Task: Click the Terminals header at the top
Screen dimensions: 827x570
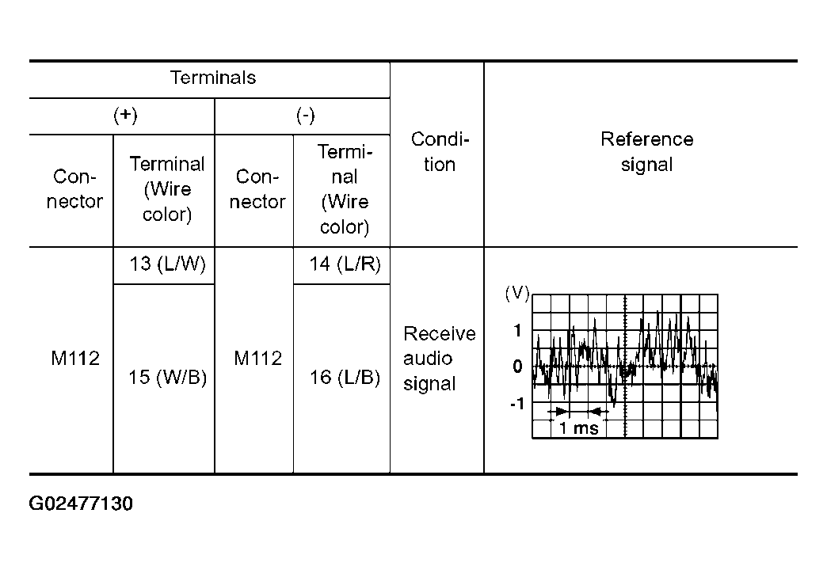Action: click(212, 78)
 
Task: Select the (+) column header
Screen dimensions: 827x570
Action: click(125, 116)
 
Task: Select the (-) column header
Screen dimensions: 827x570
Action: click(305, 116)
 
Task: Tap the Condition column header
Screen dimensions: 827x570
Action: click(440, 152)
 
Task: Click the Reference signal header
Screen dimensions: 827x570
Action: click(646, 152)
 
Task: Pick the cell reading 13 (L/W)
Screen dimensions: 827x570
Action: click(167, 264)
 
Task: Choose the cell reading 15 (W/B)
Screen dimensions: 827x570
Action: click(167, 377)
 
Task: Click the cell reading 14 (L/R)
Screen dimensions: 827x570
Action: click(345, 264)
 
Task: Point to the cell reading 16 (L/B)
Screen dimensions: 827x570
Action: click(345, 377)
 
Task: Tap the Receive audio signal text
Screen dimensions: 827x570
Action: click(440, 359)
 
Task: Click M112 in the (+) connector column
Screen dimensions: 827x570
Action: click(75, 359)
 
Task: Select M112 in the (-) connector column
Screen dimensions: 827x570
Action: click(257, 359)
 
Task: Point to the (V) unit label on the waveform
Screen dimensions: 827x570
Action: click(516, 293)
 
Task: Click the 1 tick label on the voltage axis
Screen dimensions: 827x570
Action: click(517, 331)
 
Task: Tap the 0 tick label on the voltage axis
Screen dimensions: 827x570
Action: click(517, 366)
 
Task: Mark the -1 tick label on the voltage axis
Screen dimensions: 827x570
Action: click(516, 404)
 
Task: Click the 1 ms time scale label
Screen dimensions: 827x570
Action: click(578, 427)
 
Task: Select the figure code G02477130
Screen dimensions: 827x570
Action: click(81, 503)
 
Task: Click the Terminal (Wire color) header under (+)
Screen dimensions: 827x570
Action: click(166, 188)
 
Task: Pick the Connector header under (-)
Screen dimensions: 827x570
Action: click(257, 188)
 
